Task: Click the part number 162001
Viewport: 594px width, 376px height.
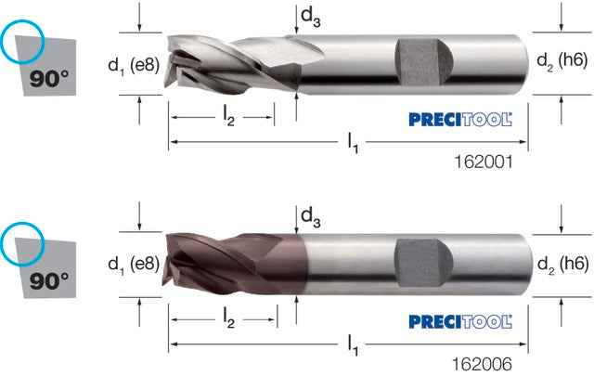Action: coord(484,162)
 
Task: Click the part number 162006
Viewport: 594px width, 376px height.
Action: coord(483,364)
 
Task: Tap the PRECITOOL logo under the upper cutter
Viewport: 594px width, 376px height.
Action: coord(460,120)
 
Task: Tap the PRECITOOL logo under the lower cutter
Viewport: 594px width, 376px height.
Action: coord(460,322)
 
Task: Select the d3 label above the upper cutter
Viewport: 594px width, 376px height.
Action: coord(310,18)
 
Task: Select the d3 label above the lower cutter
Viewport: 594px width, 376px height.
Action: coord(310,218)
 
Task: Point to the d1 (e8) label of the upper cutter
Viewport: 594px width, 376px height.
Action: coord(134,66)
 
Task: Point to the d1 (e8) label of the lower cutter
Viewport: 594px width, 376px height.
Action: coord(134,264)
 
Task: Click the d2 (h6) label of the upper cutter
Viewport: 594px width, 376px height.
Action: coord(562,61)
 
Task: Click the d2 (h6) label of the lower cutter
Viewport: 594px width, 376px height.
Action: coord(563,264)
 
